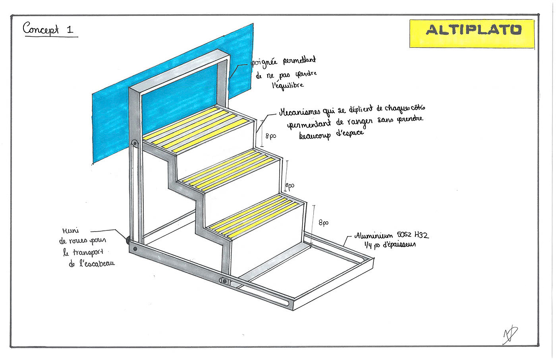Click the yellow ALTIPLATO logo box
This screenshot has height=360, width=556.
click(x=472, y=33)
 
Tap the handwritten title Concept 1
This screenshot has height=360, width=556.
click(x=48, y=29)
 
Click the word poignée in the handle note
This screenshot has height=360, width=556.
click(x=264, y=64)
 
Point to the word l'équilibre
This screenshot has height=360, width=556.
click(x=288, y=85)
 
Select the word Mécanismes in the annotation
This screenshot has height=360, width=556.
click(x=300, y=112)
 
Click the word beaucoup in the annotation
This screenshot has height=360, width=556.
click(x=315, y=135)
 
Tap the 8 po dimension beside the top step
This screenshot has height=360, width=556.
click(x=271, y=136)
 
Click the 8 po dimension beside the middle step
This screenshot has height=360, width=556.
click(x=290, y=186)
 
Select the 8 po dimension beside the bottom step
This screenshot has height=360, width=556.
click(x=324, y=223)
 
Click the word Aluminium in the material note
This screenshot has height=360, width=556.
click(x=374, y=236)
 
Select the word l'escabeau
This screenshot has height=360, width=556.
click(x=97, y=263)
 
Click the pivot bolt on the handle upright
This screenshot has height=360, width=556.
click(x=135, y=143)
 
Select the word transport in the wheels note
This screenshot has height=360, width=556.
click(x=88, y=252)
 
